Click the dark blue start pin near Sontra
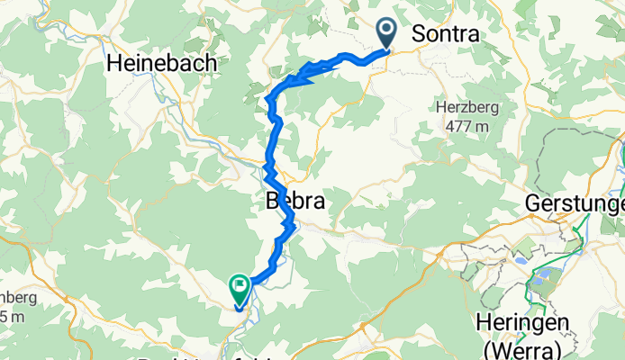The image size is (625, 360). click(388, 32)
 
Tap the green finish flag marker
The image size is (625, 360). click(240, 288)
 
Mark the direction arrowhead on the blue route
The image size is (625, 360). click(307, 76)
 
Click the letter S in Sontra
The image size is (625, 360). click(418, 33)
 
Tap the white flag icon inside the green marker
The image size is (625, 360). click(240, 288)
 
